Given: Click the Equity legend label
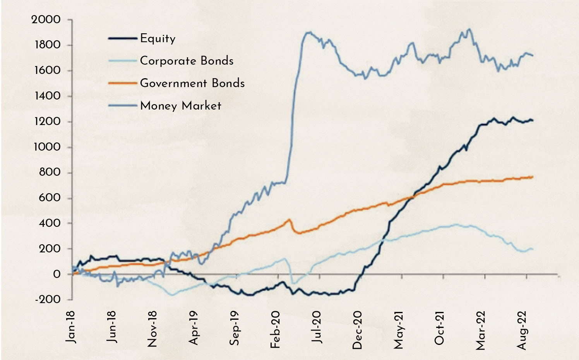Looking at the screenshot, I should pyautogui.click(x=158, y=38).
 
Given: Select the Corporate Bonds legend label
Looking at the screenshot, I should pyautogui.click(x=187, y=61).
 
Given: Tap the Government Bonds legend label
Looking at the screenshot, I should pyautogui.click(x=192, y=83).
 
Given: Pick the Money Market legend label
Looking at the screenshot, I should pyautogui.click(x=180, y=106).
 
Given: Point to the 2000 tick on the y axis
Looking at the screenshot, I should pyautogui.click(x=46, y=19).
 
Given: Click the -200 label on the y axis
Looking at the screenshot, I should pyautogui.click(x=48, y=299).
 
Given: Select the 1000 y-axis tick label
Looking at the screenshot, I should pyautogui.click(x=47, y=147).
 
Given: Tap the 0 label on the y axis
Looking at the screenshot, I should pyautogui.click(x=57, y=274).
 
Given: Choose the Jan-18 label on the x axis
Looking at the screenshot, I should pyautogui.click(x=70, y=327).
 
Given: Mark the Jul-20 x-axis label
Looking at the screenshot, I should pyautogui.click(x=316, y=327).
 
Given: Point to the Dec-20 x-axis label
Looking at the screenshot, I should pyautogui.click(x=357, y=330).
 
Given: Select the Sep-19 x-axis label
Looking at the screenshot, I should pyautogui.click(x=235, y=328).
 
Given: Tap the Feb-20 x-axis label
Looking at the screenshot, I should pyautogui.click(x=275, y=329).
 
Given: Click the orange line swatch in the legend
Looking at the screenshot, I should pyautogui.click(x=122, y=83).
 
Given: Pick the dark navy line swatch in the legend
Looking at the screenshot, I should pyautogui.click(x=122, y=38).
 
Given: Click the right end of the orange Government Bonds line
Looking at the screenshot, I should pyautogui.click(x=533, y=177).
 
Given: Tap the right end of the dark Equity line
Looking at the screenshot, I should pyautogui.click(x=533, y=120).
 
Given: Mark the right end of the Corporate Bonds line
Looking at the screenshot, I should pyautogui.click(x=533, y=249).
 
